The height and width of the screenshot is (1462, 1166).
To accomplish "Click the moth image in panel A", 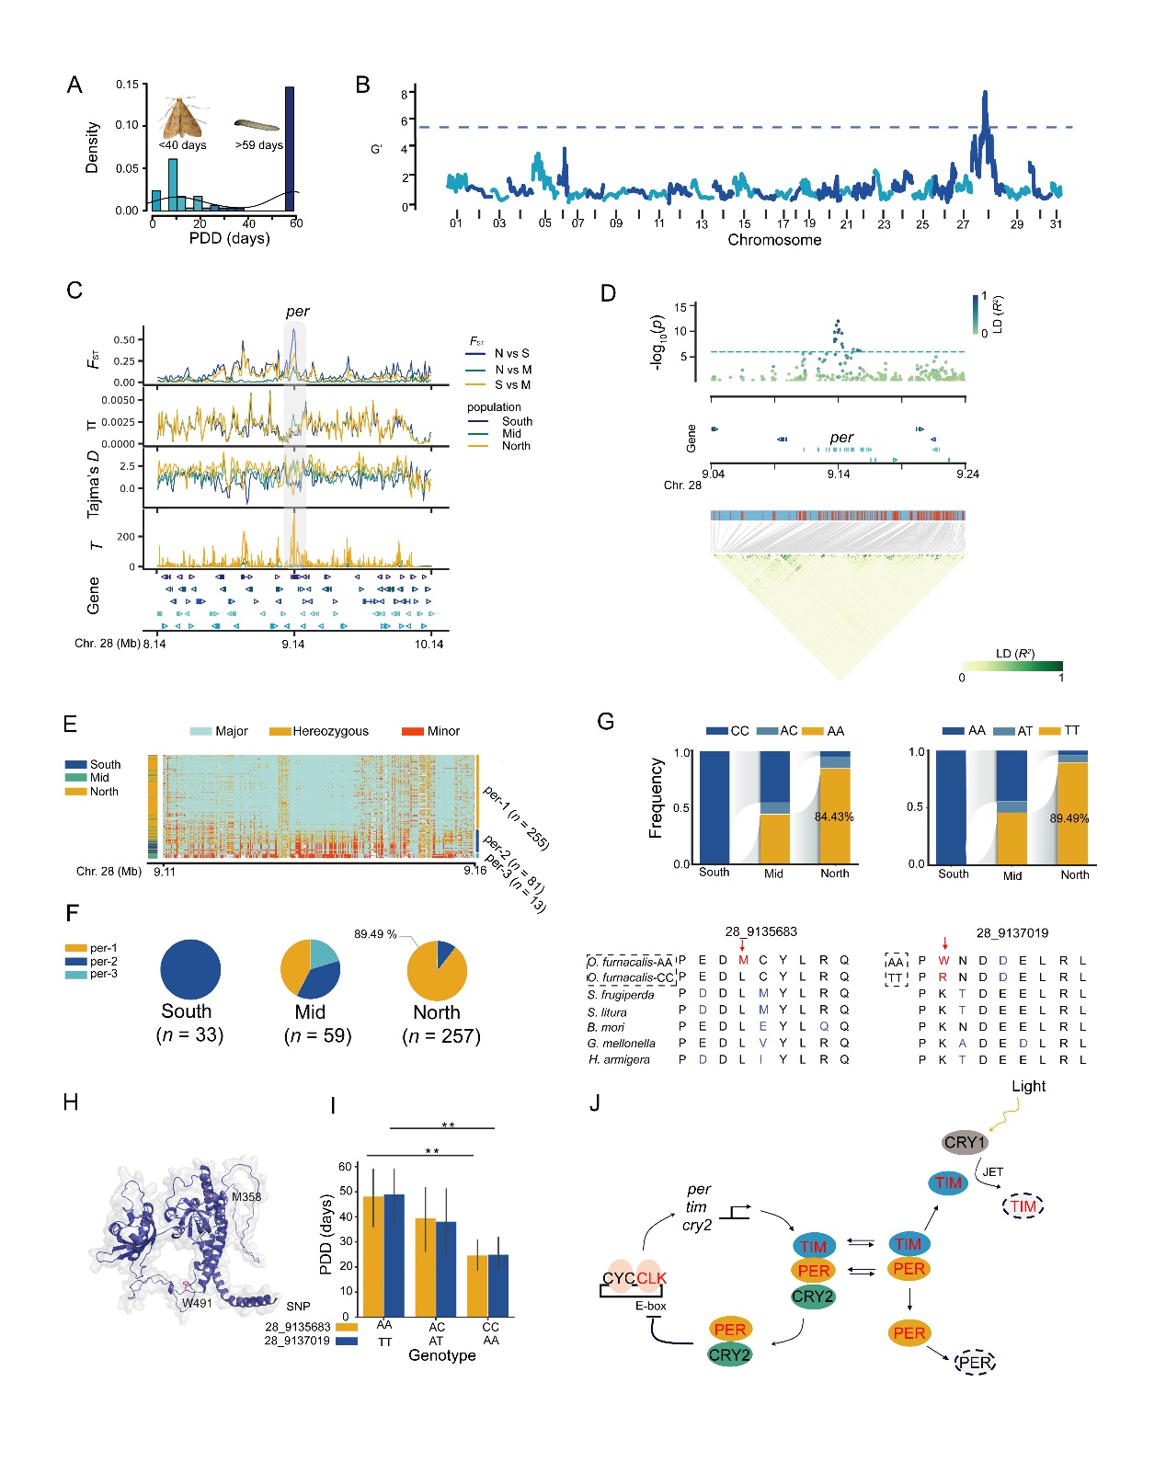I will coord(182,116).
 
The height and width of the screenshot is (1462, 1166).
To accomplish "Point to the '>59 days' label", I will coord(258,144).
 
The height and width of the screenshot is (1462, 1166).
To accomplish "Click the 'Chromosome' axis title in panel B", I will coord(774,240).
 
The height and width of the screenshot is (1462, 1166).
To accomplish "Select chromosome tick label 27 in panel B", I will coord(963,224).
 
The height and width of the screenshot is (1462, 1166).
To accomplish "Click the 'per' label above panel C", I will coord(297,312).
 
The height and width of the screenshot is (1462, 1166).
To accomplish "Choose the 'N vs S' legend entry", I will coord(511,353).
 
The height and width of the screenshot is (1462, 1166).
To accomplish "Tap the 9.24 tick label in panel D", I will coord(967,474).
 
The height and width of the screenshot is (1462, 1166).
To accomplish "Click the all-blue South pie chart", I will coord(190,970).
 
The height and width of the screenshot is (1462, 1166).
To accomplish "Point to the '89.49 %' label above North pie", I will coord(375,934).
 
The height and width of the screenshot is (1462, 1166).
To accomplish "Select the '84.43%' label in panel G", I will coord(834,817).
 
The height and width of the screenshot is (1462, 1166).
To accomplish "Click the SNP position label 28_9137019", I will coord(1012,932).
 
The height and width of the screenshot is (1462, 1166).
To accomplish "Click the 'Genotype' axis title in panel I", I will coord(441,1355).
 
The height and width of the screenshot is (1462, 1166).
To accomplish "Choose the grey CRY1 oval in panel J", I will coord(965,1142).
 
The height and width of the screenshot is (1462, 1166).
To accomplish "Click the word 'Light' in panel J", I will coord(1028,1086).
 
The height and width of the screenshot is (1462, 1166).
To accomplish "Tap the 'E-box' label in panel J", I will coord(650,1306).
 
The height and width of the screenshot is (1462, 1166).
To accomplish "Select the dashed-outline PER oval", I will coord(976,1362).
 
